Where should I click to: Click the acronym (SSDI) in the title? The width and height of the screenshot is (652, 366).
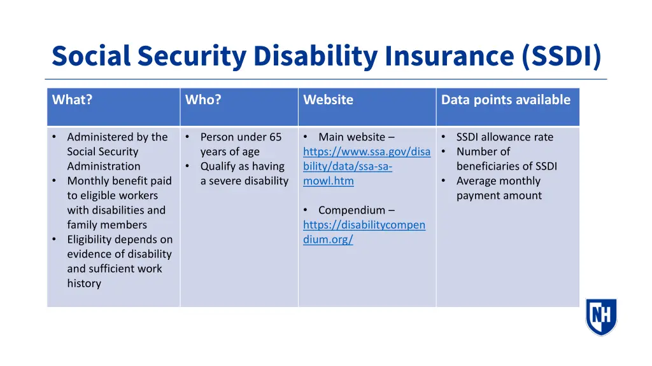[x=560, y=56]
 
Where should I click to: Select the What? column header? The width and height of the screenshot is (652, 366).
[x=72, y=100]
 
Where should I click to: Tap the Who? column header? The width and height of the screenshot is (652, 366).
[x=203, y=100]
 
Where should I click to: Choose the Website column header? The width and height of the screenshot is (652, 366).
[x=328, y=100]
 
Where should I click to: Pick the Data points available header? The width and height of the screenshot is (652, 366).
[x=506, y=100]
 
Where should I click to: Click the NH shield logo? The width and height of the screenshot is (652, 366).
[x=600, y=316]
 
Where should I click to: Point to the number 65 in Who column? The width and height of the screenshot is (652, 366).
[x=275, y=137]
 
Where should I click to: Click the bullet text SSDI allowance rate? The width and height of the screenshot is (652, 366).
[x=504, y=137]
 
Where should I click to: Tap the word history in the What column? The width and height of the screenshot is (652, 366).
[x=84, y=283]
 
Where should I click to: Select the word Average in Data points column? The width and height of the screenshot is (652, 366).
[x=478, y=181]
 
